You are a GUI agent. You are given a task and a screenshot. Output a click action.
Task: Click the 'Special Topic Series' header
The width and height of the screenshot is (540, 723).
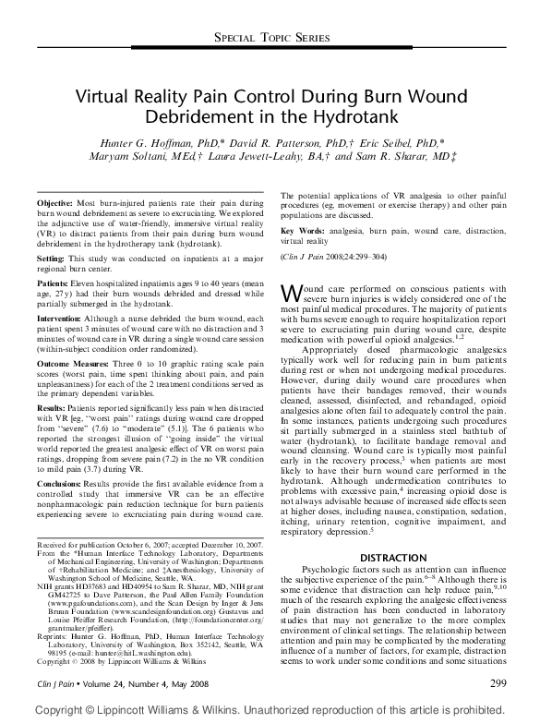click(270, 37)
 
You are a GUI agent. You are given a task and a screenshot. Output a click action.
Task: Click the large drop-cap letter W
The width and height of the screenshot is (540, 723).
click(291, 293)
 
